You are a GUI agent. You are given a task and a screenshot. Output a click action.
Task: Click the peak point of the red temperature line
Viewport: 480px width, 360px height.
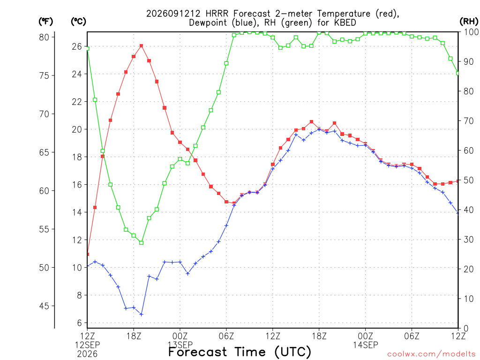pyautogui.click(x=141, y=46)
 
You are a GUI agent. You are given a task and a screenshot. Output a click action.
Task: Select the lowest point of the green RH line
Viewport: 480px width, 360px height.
pyautogui.click(x=141, y=243)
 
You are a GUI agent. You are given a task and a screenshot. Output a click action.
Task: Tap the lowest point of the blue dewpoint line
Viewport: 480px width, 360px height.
pyautogui.click(x=141, y=315)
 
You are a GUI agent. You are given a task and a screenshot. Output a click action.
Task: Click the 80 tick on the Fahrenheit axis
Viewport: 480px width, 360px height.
pyautogui.click(x=44, y=37)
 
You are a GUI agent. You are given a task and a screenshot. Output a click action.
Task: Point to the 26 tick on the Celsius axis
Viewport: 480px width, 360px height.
pyautogui.click(x=77, y=46)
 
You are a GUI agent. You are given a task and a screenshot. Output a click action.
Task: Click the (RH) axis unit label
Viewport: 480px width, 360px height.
pyautogui.click(x=469, y=22)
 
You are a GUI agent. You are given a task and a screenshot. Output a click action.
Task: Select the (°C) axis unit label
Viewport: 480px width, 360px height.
pyautogui.click(x=78, y=22)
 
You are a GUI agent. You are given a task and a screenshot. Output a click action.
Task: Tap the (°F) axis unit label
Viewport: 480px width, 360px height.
pyautogui.click(x=45, y=22)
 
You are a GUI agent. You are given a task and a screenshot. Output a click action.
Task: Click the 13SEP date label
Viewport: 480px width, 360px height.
pyautogui.click(x=180, y=345)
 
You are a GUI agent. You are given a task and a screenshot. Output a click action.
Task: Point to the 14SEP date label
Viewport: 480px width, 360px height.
pyautogui.click(x=366, y=345)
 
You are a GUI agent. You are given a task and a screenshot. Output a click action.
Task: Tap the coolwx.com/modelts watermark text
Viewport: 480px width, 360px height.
pyautogui.click(x=431, y=354)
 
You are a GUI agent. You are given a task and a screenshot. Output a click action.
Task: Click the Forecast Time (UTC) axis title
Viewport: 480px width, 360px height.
pyautogui.click(x=240, y=352)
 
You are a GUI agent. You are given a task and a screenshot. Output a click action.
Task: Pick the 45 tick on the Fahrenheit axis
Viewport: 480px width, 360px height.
pyautogui.click(x=44, y=306)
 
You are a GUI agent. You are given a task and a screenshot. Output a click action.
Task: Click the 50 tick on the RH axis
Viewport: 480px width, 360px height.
pyautogui.click(x=469, y=180)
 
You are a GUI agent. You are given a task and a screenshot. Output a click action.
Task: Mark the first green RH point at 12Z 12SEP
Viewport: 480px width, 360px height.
pyautogui.click(x=88, y=48)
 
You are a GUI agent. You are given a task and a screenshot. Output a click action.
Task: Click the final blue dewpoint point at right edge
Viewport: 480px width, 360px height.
pyautogui.click(x=457, y=213)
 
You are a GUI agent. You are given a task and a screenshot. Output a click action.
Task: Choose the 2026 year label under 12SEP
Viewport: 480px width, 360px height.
pyautogui.click(x=88, y=354)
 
